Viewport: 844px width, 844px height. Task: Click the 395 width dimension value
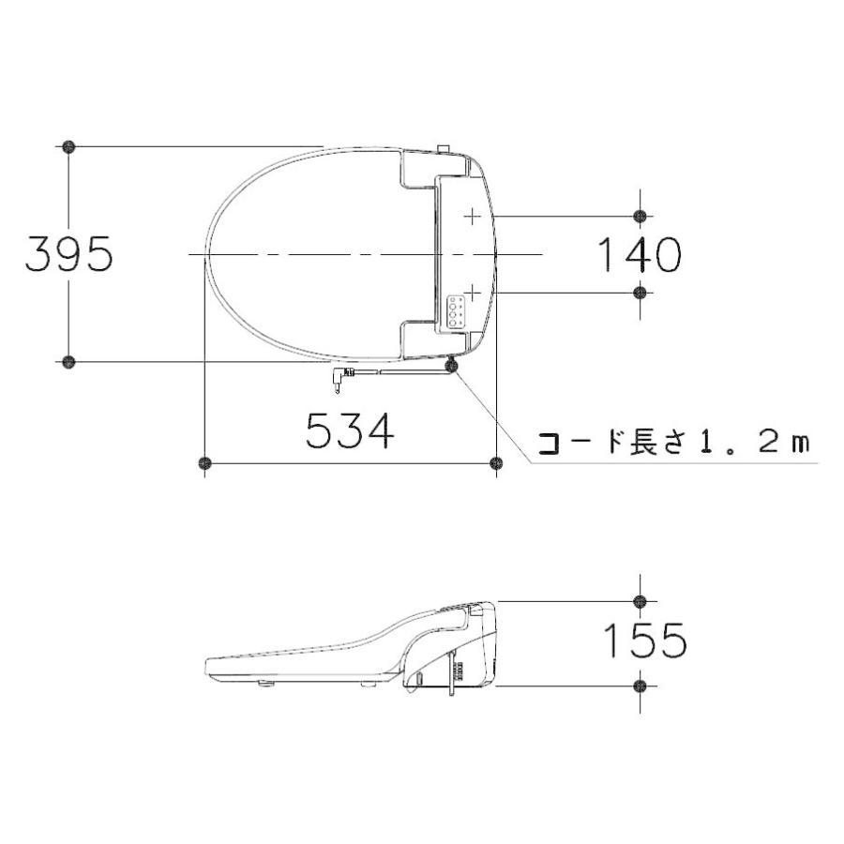click(x=69, y=254)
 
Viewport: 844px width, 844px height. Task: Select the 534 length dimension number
click(x=349, y=432)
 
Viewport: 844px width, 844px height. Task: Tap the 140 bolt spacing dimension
click(x=639, y=254)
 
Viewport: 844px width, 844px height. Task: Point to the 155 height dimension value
click(x=643, y=641)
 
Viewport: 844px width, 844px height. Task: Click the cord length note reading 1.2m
click(x=671, y=442)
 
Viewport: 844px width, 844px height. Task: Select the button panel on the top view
click(x=457, y=309)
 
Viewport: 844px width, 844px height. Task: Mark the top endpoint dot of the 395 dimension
click(x=68, y=146)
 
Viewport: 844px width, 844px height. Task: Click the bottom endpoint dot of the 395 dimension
click(x=68, y=361)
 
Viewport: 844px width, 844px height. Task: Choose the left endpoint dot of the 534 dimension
click(x=204, y=462)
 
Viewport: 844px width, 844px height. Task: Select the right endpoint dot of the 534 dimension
click(x=497, y=462)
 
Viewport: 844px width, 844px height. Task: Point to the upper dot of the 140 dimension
click(x=640, y=217)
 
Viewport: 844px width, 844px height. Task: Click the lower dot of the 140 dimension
click(x=640, y=293)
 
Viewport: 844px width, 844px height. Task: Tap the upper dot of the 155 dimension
click(x=640, y=600)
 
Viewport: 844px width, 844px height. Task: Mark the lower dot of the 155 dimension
click(x=640, y=686)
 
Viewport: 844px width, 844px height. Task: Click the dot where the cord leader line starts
click(x=453, y=366)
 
